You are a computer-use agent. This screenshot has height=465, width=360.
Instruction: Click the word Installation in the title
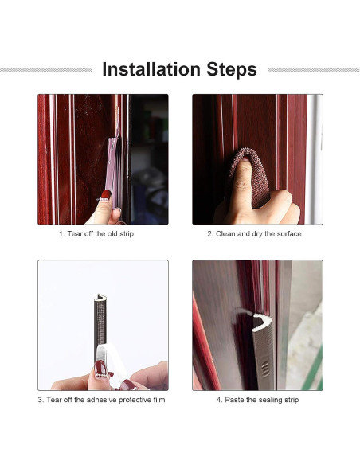pos(151,69)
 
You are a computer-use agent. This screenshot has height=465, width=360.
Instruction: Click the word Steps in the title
pos(232,70)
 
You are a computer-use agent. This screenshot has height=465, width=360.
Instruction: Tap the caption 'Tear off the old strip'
pos(100,233)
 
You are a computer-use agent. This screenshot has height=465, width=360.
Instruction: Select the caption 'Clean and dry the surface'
pos(258,234)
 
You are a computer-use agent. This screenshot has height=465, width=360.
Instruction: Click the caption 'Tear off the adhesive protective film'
pos(106,400)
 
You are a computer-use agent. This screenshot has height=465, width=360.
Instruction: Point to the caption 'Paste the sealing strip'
pos(261,400)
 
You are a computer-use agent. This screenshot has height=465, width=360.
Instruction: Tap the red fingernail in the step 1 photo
pos(106,195)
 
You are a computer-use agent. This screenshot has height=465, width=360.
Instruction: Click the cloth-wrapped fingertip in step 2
pos(249,175)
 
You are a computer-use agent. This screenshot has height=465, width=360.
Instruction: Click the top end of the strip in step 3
pos(100,296)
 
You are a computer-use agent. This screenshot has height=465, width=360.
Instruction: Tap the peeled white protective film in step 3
pos(112,361)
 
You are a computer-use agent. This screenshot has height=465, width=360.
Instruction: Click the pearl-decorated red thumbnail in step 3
pos(100,369)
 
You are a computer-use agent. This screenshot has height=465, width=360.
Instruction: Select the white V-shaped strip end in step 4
pos(262,322)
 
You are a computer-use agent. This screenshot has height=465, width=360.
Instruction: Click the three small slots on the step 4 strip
pos(265,369)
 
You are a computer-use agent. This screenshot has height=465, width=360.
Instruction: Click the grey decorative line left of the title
pos(45,70)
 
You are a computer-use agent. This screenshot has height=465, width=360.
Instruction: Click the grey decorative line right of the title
pos(314,70)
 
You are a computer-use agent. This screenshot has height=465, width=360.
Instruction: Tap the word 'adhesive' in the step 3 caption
pos(101,400)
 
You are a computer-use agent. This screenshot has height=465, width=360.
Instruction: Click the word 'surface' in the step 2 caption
pos(289,234)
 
